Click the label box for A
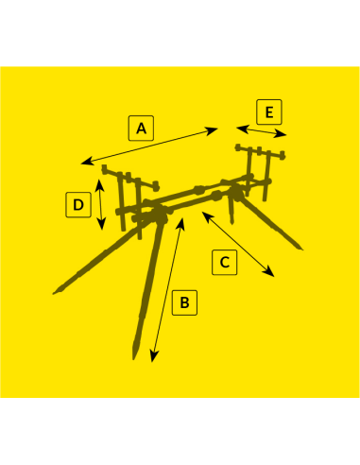141,129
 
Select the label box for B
184,302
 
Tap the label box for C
225,262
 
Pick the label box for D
78,205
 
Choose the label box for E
269,112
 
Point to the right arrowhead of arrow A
212,130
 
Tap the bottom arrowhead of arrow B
153,357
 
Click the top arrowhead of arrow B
181,222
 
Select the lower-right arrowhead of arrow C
269,272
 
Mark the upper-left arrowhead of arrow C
206,216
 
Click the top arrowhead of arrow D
99,184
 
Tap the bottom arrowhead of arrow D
101,225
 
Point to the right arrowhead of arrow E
281,134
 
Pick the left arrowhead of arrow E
242,129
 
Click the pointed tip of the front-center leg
134,358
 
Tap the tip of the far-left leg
54,294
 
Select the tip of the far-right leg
301,249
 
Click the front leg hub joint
160,214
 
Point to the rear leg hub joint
235,191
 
